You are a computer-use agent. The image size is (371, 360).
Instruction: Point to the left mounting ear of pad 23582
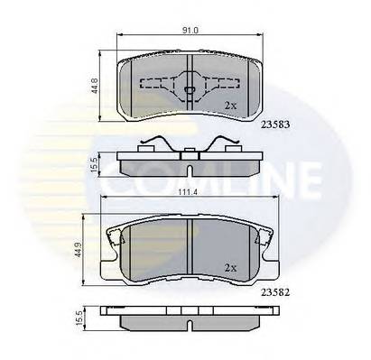coord(115,239)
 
